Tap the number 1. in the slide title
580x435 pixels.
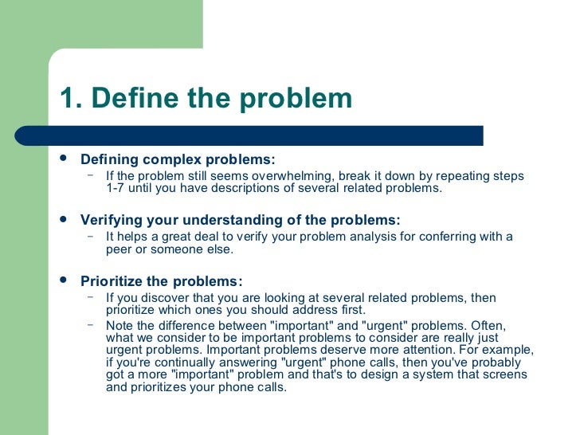pos(71,99)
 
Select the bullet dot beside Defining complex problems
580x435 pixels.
pos(65,158)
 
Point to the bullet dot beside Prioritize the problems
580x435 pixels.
pos(65,280)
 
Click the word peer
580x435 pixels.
pos(120,249)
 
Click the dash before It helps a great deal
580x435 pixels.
pos(91,236)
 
